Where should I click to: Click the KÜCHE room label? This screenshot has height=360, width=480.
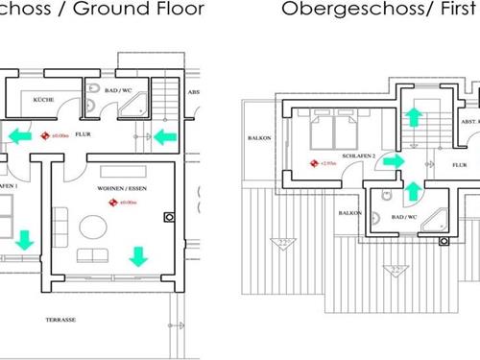click(42, 99)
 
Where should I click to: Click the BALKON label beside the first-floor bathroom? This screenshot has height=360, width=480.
click(348, 211)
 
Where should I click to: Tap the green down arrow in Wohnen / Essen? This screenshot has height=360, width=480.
click(138, 255)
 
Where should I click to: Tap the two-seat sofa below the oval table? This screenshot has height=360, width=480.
click(93, 255)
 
